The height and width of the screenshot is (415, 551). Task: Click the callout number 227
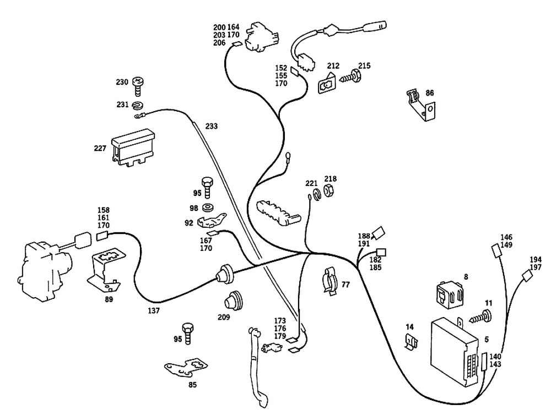(x=100, y=148)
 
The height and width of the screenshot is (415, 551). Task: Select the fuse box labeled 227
(x=133, y=147)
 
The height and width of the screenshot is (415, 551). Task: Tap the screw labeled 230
(x=138, y=86)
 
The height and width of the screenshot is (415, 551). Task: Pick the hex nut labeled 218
(x=329, y=190)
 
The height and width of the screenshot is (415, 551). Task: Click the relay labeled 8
(x=450, y=294)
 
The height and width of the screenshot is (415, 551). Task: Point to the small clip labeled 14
(x=411, y=342)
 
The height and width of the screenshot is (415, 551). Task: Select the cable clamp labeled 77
(x=329, y=281)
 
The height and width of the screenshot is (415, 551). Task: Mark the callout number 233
(x=211, y=125)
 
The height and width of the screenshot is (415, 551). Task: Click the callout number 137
(x=154, y=310)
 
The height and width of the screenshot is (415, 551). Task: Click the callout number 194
(x=536, y=259)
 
